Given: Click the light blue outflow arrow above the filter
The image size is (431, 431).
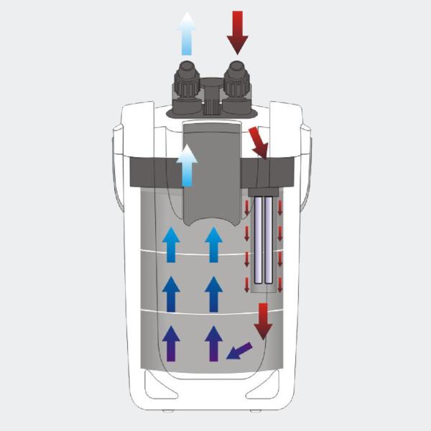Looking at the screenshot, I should click(x=187, y=34).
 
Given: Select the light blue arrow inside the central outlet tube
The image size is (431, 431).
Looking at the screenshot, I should click(x=187, y=166).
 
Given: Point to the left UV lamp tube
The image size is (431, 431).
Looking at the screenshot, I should click(x=256, y=241).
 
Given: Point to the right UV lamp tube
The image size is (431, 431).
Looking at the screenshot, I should click(x=269, y=241).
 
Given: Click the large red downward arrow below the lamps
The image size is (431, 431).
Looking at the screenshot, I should click(x=264, y=320).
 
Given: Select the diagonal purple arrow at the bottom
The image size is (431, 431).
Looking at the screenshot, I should click(x=239, y=350).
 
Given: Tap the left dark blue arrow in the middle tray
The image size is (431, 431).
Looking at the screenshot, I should click(x=171, y=294).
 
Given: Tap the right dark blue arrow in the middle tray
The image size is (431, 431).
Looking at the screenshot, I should click(x=213, y=294).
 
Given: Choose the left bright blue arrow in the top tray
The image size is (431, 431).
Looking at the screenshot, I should click(x=171, y=245).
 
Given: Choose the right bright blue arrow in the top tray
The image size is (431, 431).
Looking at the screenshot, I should click(x=213, y=245).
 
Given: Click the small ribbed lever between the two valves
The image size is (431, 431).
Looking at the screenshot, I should click(x=210, y=108).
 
